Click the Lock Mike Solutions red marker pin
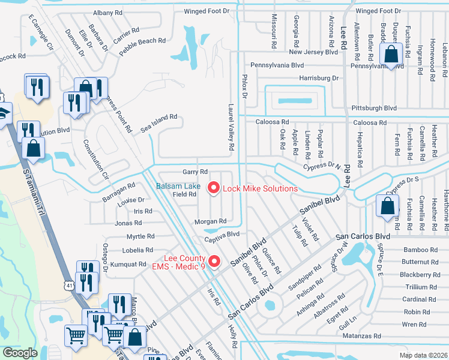[212, 188]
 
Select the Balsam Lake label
[178, 186]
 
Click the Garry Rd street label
[195, 172]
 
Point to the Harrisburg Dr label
[319, 78]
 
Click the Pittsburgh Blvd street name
[373, 108]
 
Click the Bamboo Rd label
[420, 250]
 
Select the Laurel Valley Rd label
[231, 126]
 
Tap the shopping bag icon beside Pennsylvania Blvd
[391, 55]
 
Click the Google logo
[20, 353]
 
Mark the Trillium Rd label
[420, 287]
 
